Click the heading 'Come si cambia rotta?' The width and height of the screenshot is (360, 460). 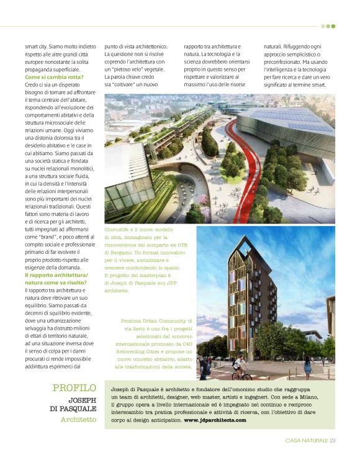pos(55,76)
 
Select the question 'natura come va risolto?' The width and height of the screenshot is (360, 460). pos(55,282)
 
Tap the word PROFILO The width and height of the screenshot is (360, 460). pos(74,389)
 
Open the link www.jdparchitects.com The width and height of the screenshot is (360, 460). pos(215,420)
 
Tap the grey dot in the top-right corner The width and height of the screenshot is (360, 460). pos(323,26)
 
